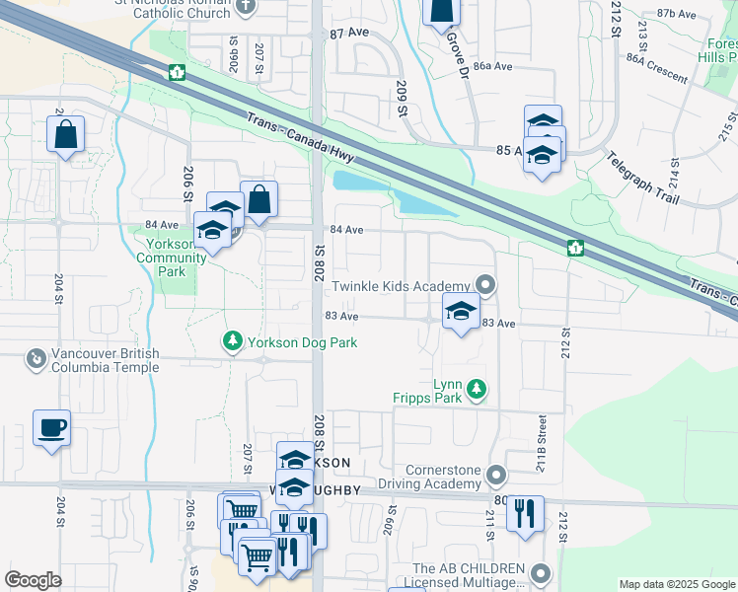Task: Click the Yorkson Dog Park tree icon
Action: click(x=232, y=341)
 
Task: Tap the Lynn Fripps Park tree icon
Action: click(x=478, y=390)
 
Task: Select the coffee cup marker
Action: click(x=51, y=429)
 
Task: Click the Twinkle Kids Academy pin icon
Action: click(x=484, y=285)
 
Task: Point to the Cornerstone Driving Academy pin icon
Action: click(x=496, y=477)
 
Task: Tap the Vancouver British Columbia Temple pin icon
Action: click(x=36, y=357)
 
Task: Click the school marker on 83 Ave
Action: click(x=460, y=312)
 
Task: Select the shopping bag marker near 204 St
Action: click(x=65, y=135)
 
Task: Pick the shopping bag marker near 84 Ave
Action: click(x=258, y=199)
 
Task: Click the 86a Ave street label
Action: click(x=492, y=66)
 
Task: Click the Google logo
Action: click(x=34, y=579)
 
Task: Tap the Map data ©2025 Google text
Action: click(x=676, y=584)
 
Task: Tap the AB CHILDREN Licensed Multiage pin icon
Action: click(x=540, y=573)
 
